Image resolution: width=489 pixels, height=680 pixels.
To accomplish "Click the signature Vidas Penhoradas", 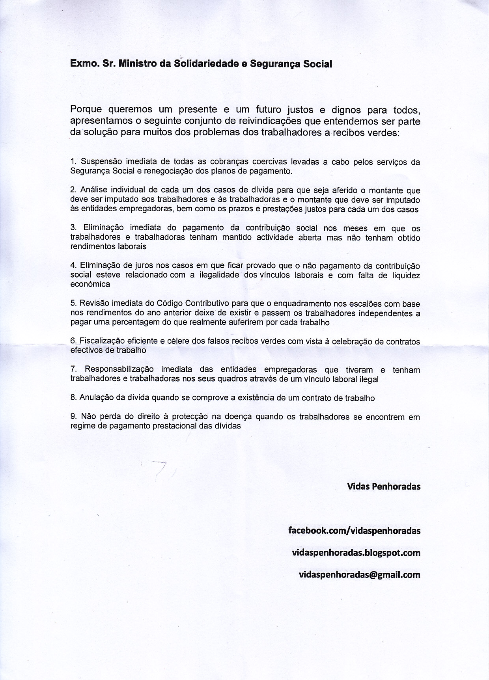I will pyautogui.click(x=384, y=486).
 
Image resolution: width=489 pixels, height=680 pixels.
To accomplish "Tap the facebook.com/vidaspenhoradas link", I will pyautogui.click(x=354, y=531).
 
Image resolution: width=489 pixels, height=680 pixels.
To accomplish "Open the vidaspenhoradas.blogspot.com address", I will pyautogui.click(x=356, y=552).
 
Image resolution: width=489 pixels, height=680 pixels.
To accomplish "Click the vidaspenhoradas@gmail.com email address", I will pyautogui.click(x=360, y=574).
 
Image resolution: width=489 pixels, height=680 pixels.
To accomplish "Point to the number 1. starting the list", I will pyautogui.click(x=73, y=162).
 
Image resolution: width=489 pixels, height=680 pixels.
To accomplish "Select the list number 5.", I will pyautogui.click(x=73, y=304).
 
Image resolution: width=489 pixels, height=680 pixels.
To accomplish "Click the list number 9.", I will pyautogui.click(x=73, y=417).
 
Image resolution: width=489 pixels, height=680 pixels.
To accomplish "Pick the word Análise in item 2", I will pyautogui.click(x=93, y=190).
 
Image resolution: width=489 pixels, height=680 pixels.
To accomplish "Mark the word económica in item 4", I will pyautogui.click(x=90, y=284).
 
